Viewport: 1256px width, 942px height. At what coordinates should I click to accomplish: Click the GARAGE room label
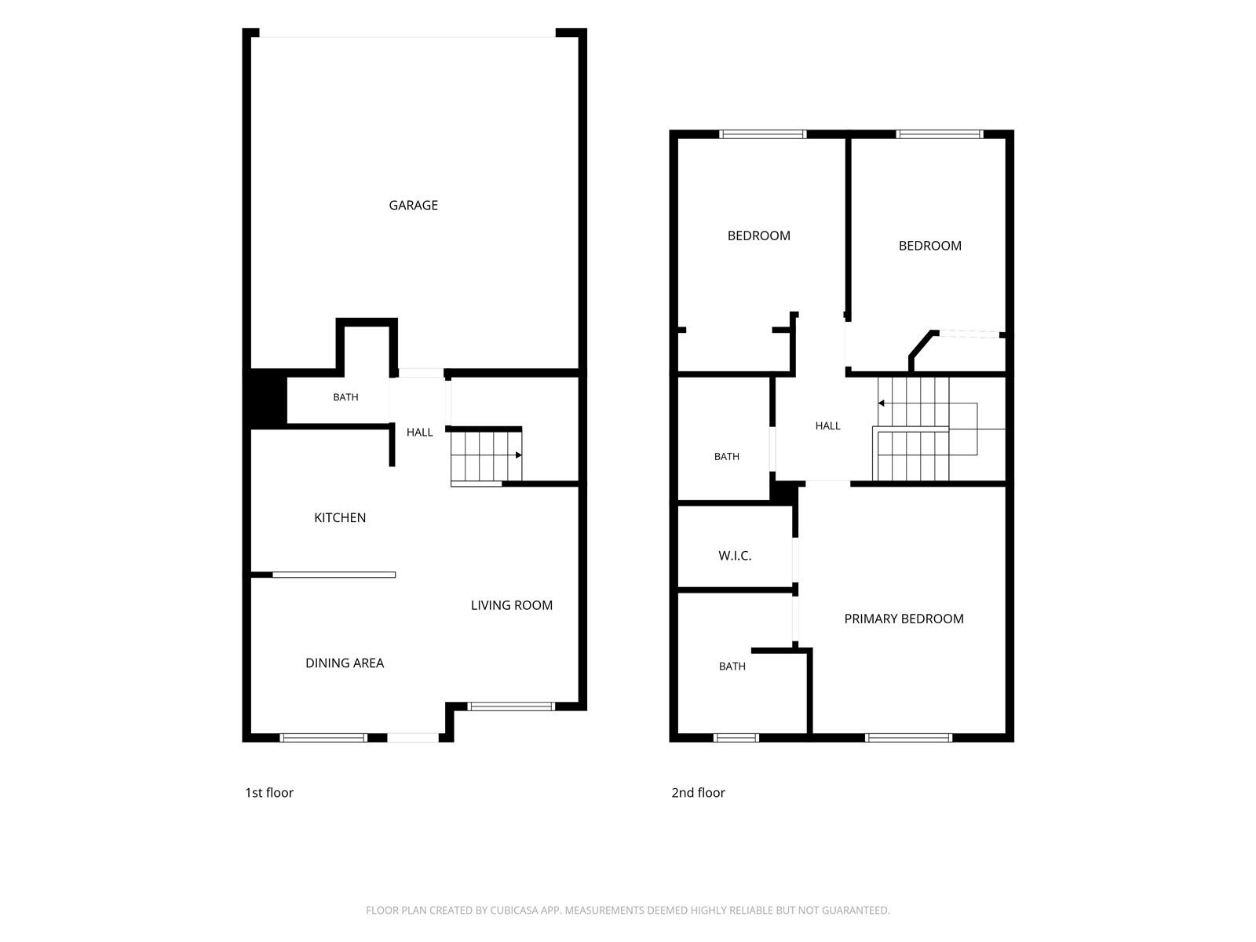(x=413, y=205)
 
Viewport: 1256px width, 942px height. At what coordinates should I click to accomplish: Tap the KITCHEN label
(x=340, y=517)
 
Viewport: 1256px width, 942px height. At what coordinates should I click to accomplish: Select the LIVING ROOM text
(x=512, y=605)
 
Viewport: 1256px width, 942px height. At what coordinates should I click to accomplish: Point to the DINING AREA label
(x=345, y=663)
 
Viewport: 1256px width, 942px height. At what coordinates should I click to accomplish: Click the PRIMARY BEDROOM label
(x=904, y=619)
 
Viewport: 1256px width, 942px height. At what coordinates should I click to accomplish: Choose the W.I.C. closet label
(x=735, y=555)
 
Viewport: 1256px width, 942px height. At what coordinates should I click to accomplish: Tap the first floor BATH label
(x=345, y=397)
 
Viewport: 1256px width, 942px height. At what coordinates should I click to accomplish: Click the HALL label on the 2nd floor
(x=827, y=425)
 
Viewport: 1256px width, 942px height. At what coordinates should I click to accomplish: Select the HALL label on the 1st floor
(x=419, y=433)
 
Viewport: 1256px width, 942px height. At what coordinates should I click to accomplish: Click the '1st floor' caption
(x=269, y=792)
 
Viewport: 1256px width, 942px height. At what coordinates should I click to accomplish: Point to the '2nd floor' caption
(x=698, y=792)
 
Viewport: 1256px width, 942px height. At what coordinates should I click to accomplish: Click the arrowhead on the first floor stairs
(x=518, y=455)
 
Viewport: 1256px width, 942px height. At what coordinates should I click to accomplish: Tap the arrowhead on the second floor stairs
(x=882, y=403)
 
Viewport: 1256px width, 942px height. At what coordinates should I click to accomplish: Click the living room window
(x=511, y=706)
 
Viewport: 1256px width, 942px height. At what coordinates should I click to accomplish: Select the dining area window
(x=323, y=738)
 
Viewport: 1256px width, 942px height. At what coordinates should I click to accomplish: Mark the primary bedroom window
(x=909, y=738)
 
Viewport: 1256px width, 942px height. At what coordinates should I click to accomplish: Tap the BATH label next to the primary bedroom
(x=732, y=666)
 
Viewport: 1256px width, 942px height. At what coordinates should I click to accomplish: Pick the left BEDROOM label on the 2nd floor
(x=759, y=235)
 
